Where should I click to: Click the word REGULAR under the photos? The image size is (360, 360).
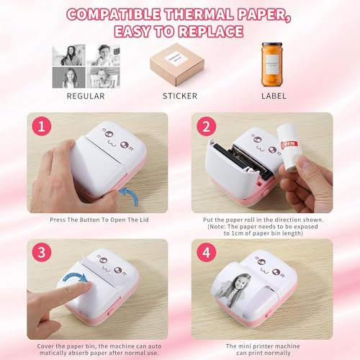[x=85, y=95]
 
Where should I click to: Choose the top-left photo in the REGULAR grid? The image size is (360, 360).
[x=69, y=55]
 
